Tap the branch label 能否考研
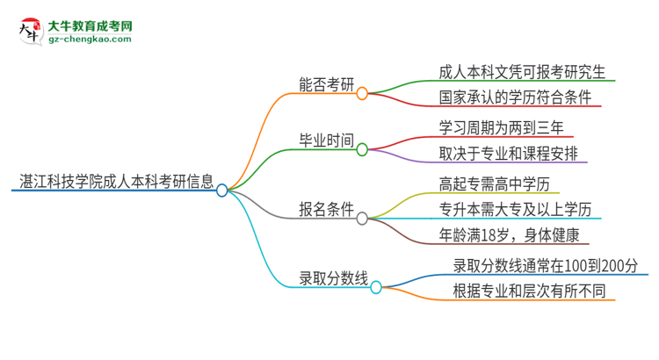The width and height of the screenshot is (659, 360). [x=327, y=86]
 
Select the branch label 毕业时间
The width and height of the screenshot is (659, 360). [x=327, y=141]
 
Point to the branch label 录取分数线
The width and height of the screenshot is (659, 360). [x=333, y=280]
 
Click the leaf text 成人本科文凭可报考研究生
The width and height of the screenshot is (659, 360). [x=522, y=70]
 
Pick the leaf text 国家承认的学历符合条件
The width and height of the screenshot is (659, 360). [x=515, y=97]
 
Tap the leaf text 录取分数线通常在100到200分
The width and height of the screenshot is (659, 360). [x=546, y=265]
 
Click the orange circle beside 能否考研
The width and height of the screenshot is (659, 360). [x=362, y=93]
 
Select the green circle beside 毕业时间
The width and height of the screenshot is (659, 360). [x=362, y=149]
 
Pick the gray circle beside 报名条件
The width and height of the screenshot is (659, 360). [x=362, y=217]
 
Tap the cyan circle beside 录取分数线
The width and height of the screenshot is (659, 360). [x=376, y=287]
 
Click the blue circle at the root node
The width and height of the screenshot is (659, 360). [x=222, y=190]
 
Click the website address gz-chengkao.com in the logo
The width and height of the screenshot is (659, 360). [x=91, y=40]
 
